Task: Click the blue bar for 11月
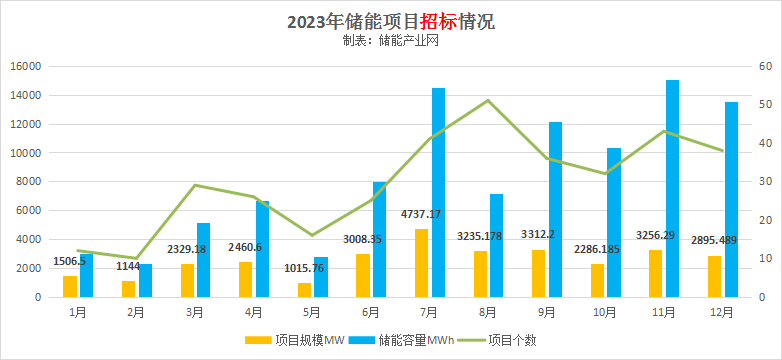673,189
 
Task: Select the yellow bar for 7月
422,263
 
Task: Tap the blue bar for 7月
438,193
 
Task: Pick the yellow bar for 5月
304,290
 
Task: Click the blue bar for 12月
731,200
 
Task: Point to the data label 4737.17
420,213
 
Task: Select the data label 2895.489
713,241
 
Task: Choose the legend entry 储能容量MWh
408,340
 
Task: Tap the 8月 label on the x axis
488,311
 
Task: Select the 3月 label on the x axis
195,311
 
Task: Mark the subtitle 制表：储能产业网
390,41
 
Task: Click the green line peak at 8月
487,100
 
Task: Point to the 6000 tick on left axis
28,211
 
